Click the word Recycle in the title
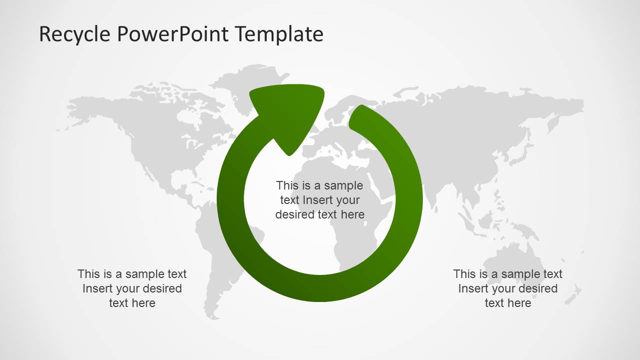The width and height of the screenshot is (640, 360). click(75, 34)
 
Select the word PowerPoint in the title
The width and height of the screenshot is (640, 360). click(173, 34)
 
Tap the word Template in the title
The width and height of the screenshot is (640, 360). click(280, 34)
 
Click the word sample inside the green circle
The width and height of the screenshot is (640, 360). click(343, 186)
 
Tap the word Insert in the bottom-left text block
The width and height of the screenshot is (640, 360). click(98, 288)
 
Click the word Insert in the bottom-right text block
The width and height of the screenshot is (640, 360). click(473, 288)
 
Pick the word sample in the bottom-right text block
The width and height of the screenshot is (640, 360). click(520, 274)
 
